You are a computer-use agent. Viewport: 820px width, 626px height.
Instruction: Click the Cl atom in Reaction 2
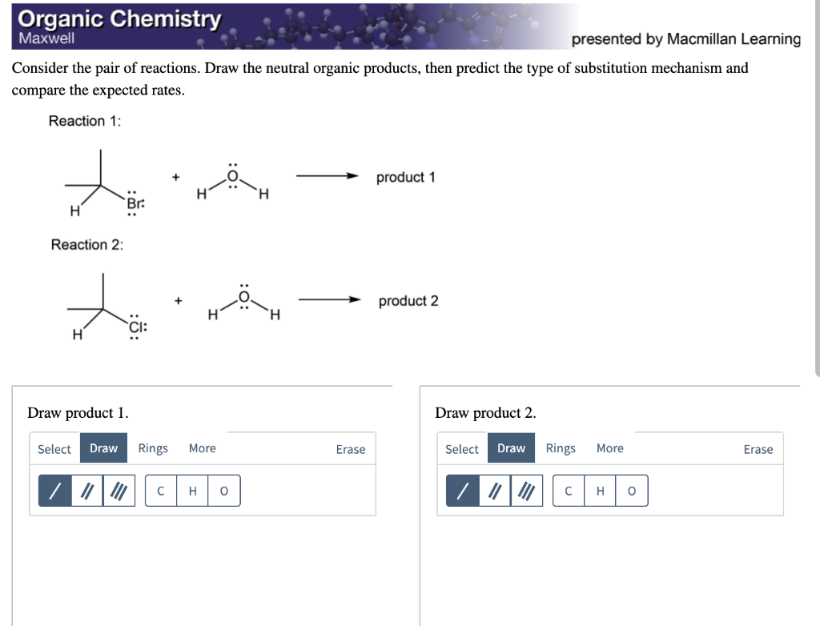click(136, 327)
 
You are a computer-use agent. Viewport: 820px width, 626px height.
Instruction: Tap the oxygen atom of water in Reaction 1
click(233, 177)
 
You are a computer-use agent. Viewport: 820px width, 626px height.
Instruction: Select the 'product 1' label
click(405, 177)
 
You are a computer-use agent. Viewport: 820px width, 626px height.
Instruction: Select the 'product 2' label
click(408, 301)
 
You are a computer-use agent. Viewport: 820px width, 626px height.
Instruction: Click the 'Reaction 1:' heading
click(85, 121)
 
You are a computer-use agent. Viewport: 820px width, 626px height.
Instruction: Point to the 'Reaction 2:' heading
click(87, 245)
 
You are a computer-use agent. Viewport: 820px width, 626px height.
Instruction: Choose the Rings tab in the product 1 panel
click(153, 448)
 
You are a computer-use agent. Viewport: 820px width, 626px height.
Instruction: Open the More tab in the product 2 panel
click(609, 448)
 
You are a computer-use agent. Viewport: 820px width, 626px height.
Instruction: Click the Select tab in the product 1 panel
click(54, 449)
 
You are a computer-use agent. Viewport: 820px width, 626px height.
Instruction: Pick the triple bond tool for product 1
click(119, 491)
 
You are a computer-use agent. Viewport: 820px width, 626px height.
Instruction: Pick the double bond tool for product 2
click(494, 491)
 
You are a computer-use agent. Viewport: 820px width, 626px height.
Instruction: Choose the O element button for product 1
click(223, 491)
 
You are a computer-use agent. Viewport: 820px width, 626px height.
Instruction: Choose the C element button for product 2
click(569, 491)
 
